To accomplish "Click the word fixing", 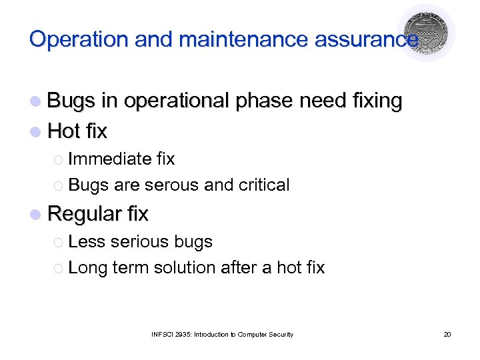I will click(x=370, y=101).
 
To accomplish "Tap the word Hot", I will click(x=64, y=131).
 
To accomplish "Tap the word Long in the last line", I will click(x=87, y=268).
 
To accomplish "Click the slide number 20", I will click(x=447, y=334).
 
